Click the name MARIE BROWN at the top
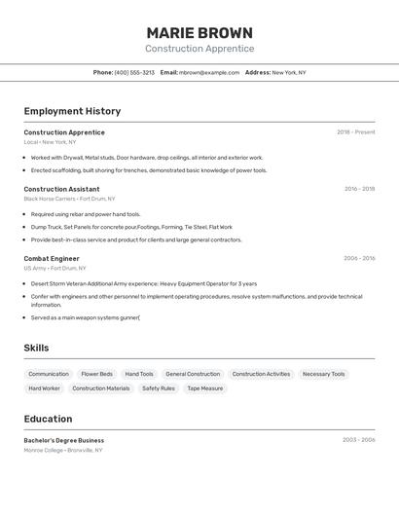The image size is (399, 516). click(x=199, y=33)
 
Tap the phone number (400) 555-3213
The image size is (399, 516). click(x=134, y=73)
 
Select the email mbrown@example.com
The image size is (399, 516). click(x=209, y=73)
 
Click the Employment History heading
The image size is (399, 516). click(x=72, y=111)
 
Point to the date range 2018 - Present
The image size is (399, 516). click(x=355, y=132)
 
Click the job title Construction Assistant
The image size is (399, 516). click(x=61, y=189)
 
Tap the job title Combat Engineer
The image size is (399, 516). click(x=52, y=259)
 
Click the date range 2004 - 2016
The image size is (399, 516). click(x=359, y=259)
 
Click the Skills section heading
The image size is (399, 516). click(x=36, y=348)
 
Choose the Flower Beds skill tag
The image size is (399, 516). click(x=96, y=374)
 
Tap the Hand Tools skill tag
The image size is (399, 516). click(x=139, y=374)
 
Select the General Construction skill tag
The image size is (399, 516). click(x=193, y=374)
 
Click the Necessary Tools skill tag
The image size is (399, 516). click(x=323, y=374)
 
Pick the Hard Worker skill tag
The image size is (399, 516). click(x=44, y=388)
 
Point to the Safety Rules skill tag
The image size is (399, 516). click(x=159, y=388)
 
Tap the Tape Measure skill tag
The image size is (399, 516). click(x=205, y=388)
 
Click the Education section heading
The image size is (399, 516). click(x=48, y=419)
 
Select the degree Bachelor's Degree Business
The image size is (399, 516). click(x=64, y=440)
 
